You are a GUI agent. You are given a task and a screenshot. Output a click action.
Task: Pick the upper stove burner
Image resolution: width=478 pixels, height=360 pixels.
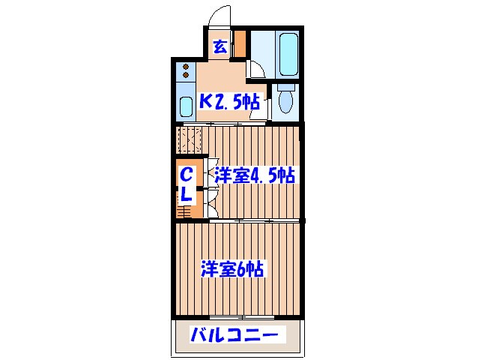(x=186, y=68)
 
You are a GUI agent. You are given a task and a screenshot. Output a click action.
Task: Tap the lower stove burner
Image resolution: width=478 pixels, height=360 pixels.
(x=186, y=77)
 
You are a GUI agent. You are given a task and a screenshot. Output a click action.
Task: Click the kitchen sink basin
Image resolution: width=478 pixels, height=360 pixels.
(x=187, y=105)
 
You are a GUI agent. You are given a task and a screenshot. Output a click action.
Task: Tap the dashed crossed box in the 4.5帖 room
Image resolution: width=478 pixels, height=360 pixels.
(x=190, y=139)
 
